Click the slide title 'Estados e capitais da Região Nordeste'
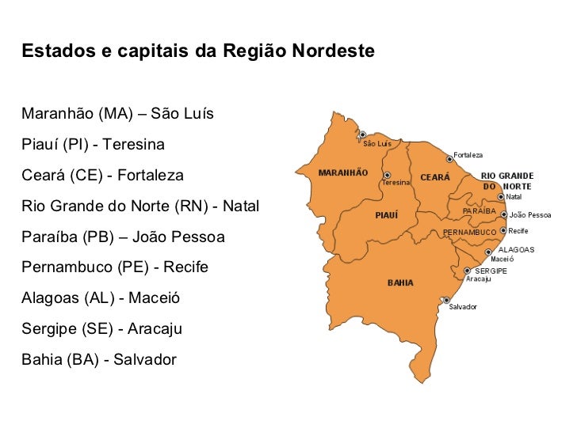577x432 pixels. tap(198, 51)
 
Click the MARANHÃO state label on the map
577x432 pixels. tap(342, 172)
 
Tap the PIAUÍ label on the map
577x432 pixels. tap(386, 214)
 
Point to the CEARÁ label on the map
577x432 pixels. tap(434, 177)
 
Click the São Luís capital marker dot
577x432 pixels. tap(363, 135)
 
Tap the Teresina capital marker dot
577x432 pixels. tap(387, 176)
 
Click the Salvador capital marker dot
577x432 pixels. tap(446, 300)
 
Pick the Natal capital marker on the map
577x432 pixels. tap(501, 196)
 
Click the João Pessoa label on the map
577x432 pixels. tap(530, 214)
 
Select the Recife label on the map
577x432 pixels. tap(518, 231)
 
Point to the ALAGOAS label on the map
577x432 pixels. tap(516, 249)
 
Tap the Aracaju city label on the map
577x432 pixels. tap(479, 279)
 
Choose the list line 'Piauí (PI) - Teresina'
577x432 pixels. tap(94, 146)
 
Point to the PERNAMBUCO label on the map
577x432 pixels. tap(469, 232)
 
